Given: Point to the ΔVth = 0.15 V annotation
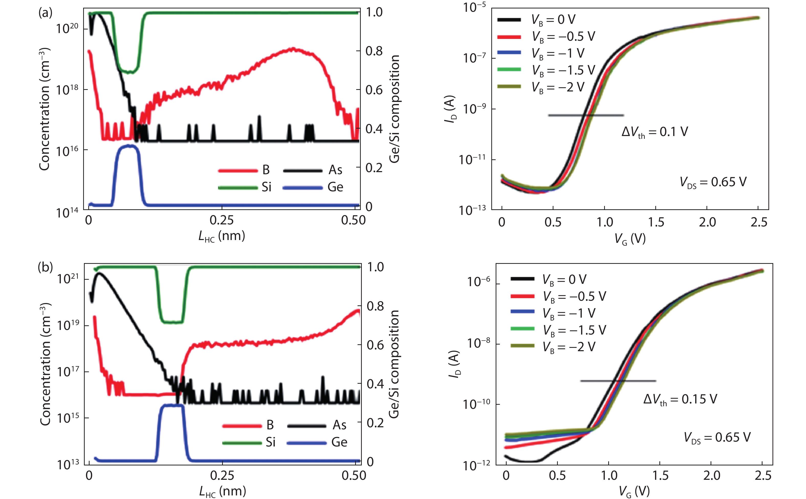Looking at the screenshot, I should point(680,399).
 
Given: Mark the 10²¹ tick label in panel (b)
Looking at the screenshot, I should point(68,279).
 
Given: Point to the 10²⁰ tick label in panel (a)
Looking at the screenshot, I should point(67,28).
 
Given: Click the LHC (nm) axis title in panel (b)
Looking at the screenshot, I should point(223,491).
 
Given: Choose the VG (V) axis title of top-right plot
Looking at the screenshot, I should point(630,238).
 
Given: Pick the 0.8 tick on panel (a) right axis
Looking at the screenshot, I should point(374,51).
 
